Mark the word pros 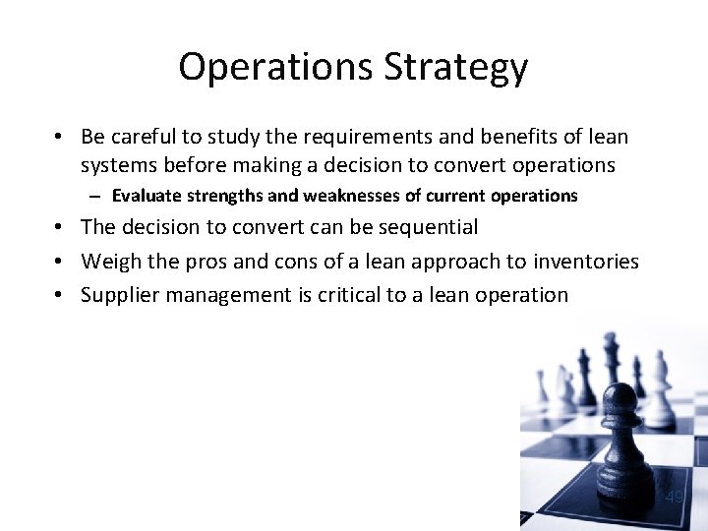point(205,261)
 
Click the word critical point(352,294)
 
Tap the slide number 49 point(674,497)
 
